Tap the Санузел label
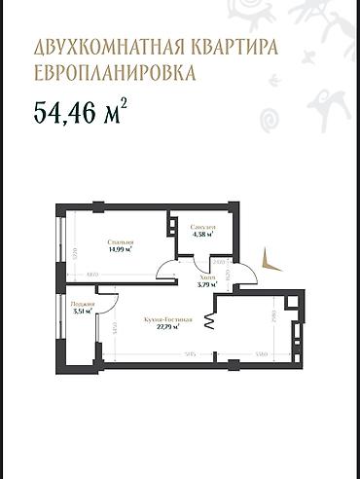coord(204,227)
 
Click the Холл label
coord(195,277)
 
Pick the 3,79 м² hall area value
coord(195,285)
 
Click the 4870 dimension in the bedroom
coord(90,276)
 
